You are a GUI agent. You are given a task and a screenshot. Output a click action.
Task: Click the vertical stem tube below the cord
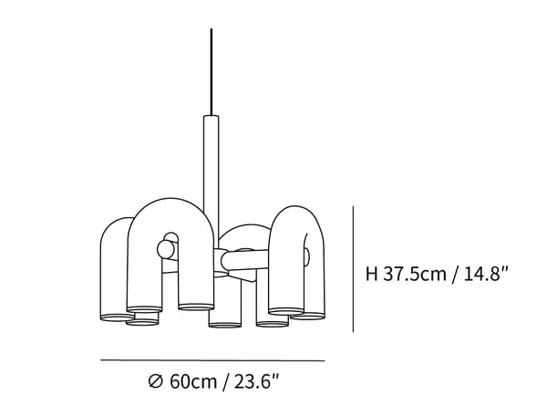(211, 155)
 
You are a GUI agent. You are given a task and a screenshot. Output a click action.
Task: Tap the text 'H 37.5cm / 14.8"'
(436, 273)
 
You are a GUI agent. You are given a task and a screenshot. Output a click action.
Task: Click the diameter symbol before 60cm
(156, 380)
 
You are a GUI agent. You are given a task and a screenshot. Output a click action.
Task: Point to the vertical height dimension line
(353, 265)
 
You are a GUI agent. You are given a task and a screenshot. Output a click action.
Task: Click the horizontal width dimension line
(212, 360)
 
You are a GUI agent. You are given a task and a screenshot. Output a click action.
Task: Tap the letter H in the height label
(371, 273)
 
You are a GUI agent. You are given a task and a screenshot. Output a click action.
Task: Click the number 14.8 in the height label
(482, 273)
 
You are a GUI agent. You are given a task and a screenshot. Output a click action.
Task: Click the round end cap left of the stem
(167, 247)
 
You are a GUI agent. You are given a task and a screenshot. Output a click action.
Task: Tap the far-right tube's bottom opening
(310, 315)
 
